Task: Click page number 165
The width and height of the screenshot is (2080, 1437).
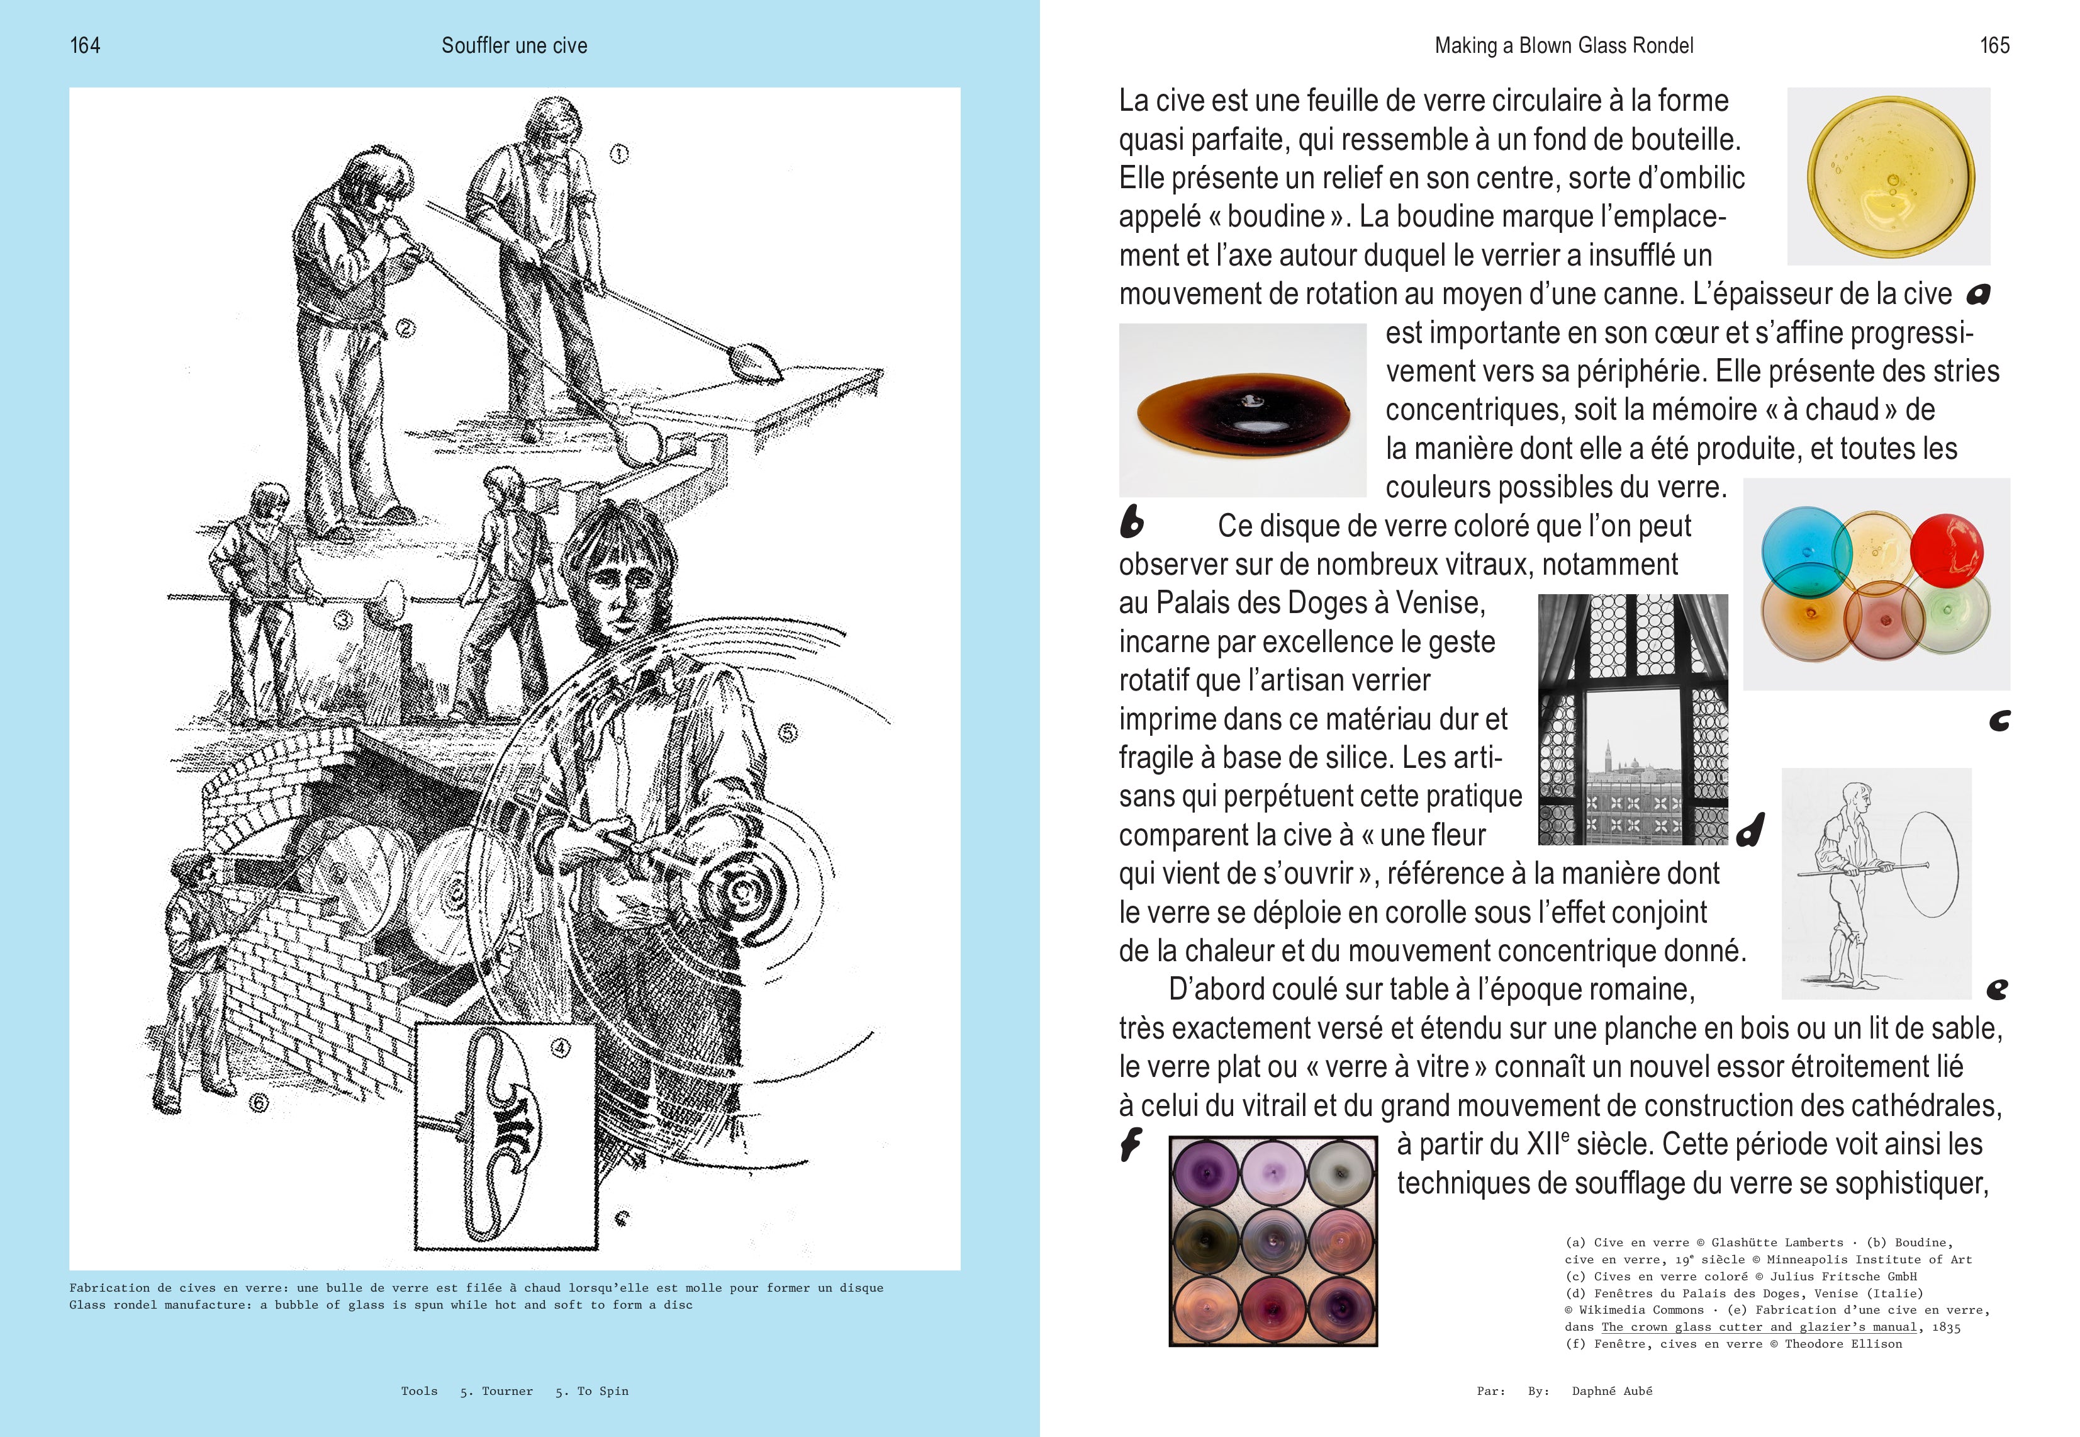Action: pos(1994,46)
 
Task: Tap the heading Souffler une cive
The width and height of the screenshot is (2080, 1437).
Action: pos(514,46)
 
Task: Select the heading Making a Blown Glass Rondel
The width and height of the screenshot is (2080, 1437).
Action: pos(1563,46)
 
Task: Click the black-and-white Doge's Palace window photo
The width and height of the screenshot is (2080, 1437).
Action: pos(1633,719)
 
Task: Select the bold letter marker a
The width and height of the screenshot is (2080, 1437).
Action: pos(1977,293)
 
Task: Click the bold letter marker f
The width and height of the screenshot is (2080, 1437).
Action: pos(1131,1144)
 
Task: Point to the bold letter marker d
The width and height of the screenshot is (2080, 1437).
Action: pos(1750,829)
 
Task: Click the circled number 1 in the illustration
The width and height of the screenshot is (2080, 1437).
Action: pos(618,154)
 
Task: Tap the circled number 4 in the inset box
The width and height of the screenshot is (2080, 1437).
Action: pos(561,1047)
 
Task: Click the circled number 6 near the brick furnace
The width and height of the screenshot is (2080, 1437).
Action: pos(259,1102)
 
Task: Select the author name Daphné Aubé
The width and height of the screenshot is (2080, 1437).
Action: pos(1611,1391)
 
